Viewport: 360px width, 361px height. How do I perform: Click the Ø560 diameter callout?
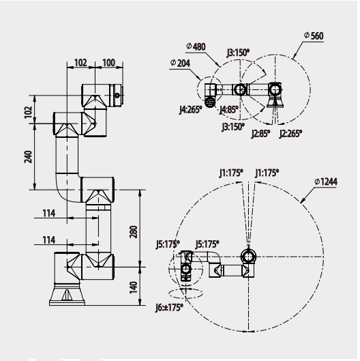tap(314, 35)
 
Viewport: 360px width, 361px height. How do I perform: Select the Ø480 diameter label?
tap(196, 46)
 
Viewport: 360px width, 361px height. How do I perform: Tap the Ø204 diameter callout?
tap(180, 63)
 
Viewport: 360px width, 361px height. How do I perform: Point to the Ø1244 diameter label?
tap(326, 182)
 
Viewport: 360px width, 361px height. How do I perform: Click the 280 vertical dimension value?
tap(134, 232)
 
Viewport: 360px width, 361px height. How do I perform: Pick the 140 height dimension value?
tap(134, 287)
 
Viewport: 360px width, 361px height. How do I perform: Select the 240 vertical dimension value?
tap(28, 157)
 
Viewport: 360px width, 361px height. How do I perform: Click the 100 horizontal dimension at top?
tap(108, 63)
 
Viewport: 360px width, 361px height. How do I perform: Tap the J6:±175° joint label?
tap(169, 308)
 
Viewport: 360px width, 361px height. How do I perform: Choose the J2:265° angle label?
tap(290, 134)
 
